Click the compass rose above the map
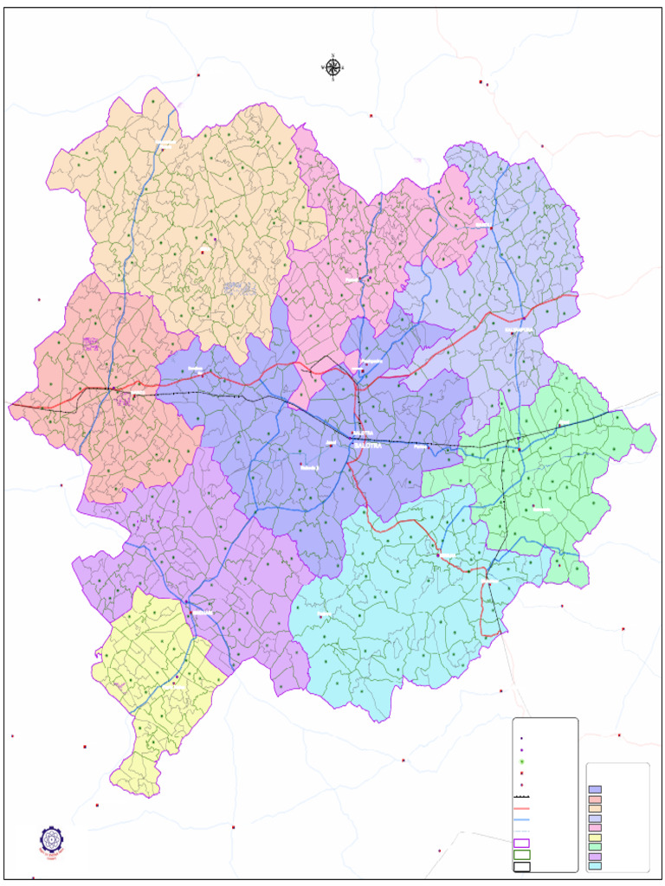coord(333,67)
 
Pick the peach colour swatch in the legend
coord(595,808)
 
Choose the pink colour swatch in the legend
coord(595,827)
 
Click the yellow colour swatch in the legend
coord(595,837)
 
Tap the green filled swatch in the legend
coord(595,846)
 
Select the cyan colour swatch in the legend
coord(595,865)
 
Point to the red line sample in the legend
coord(520,808)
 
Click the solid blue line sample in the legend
coord(520,819)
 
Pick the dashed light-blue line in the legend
coord(520,831)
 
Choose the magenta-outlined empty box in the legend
coord(521,843)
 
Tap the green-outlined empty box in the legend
coord(521,854)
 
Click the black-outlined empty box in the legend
coord(521,865)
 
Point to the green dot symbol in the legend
coord(521,761)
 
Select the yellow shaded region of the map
coord(156,684)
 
